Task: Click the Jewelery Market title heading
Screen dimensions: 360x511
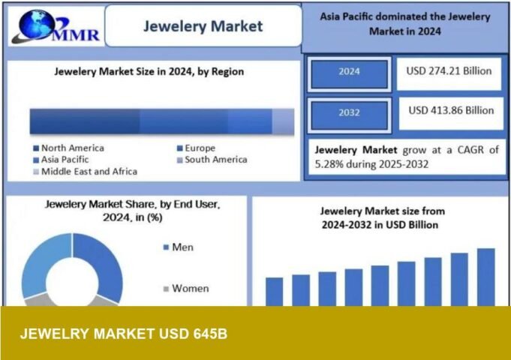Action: [203, 26]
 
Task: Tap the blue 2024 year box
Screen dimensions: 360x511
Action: [349, 72]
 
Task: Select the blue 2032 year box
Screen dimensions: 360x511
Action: [349, 113]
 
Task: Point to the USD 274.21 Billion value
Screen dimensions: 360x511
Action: [449, 71]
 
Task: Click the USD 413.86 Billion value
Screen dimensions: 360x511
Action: [451, 110]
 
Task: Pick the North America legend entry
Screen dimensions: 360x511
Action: [72, 148]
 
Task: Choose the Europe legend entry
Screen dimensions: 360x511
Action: [200, 148]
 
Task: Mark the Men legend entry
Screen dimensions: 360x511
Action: [182, 247]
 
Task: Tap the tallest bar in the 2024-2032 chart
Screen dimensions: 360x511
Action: [486, 277]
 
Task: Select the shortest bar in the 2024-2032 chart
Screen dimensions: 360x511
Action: [275, 291]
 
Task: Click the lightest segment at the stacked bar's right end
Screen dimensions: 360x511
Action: [282, 121]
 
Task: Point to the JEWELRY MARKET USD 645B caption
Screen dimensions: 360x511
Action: [124, 333]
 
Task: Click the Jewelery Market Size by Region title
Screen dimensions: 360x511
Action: [149, 72]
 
